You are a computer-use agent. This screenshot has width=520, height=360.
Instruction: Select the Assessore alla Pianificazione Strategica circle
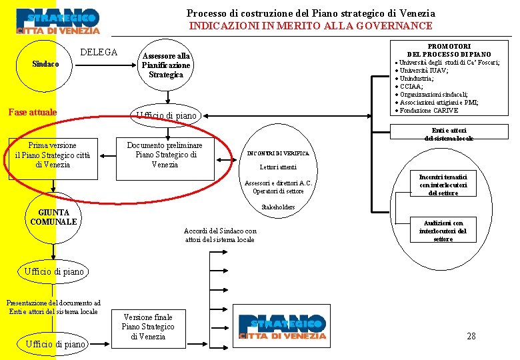tap(166, 65)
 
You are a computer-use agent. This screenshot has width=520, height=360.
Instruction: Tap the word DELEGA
tap(99, 52)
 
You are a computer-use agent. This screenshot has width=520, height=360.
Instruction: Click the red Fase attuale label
tap(32, 112)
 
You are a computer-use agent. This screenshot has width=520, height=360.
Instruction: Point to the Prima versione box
tap(53, 155)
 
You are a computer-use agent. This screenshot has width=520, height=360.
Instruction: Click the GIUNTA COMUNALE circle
tap(53, 217)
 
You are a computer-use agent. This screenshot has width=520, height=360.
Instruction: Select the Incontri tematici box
tap(439, 184)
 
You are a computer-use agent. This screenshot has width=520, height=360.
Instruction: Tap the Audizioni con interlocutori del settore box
tap(443, 231)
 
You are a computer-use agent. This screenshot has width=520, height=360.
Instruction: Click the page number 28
tap(471, 336)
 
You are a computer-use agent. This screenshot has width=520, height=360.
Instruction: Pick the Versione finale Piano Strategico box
tap(148, 327)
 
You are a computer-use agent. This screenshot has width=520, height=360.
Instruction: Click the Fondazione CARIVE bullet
tap(429, 111)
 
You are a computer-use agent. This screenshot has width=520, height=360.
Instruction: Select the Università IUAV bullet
tap(423, 70)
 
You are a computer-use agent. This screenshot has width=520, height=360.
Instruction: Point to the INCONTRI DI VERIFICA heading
tap(278, 153)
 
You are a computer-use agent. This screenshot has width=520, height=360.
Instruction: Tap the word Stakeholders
tap(278, 207)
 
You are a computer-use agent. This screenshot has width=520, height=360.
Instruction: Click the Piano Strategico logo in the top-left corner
tap(58, 21)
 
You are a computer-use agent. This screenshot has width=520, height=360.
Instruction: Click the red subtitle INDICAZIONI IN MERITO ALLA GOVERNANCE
tap(311, 26)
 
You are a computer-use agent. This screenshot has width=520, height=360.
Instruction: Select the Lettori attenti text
tap(278, 167)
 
